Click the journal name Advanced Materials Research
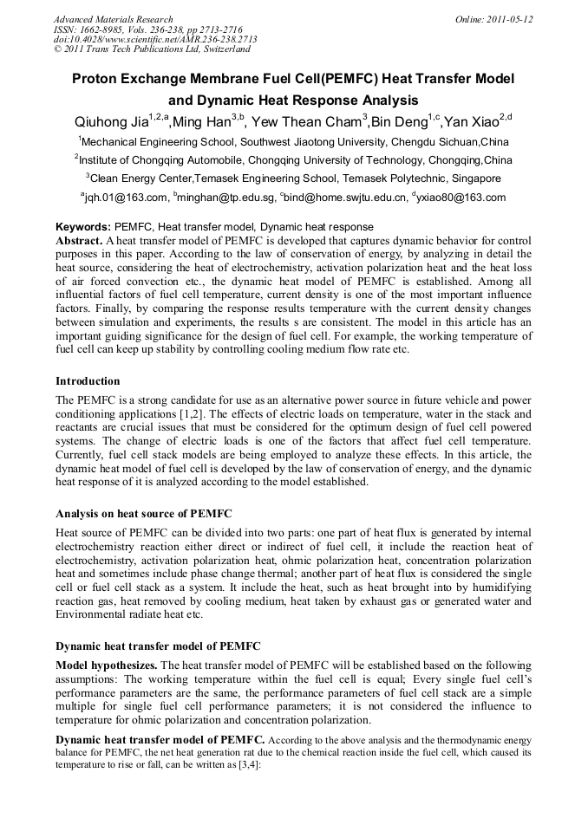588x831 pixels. point(113,19)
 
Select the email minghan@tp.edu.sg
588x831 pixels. point(225,198)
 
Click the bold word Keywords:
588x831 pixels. point(83,227)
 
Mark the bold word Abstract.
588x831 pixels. point(79,239)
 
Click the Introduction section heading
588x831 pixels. point(88,381)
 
